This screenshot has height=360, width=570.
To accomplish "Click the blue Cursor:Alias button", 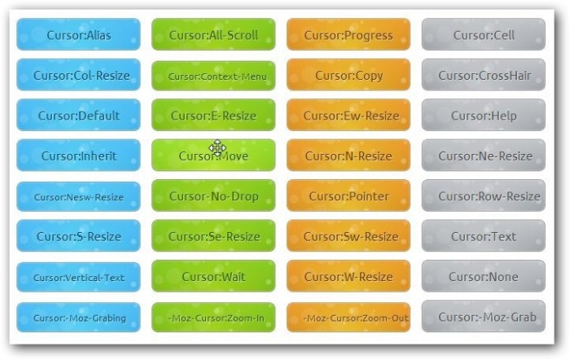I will (78, 35).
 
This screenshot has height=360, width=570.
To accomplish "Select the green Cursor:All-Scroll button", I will (213, 35).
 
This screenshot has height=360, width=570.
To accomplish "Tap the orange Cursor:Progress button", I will (349, 35).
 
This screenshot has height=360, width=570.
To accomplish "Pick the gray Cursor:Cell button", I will (484, 35).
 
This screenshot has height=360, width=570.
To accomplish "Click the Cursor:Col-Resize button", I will (78, 75).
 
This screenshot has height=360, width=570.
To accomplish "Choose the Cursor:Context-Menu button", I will (213, 76).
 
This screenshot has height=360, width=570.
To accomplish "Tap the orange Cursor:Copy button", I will (349, 75).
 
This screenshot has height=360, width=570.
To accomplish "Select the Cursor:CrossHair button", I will (484, 75).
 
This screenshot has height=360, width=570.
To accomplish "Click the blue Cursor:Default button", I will (78, 116).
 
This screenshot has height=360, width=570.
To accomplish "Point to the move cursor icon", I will (217, 148).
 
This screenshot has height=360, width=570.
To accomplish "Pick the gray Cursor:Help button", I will (484, 116).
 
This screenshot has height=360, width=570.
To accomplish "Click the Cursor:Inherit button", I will (78, 156).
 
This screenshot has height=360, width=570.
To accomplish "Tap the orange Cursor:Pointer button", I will (349, 196).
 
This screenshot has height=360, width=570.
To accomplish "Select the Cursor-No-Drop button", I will (213, 196).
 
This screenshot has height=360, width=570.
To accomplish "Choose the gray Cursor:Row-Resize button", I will (484, 196).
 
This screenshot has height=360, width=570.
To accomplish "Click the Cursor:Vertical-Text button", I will (78, 277).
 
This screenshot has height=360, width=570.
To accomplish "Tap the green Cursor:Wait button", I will (213, 277).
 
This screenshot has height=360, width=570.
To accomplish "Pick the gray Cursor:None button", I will (484, 277).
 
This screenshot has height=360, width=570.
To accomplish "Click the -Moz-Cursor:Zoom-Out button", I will (349, 318).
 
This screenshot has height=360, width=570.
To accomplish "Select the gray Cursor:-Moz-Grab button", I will (484, 317).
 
